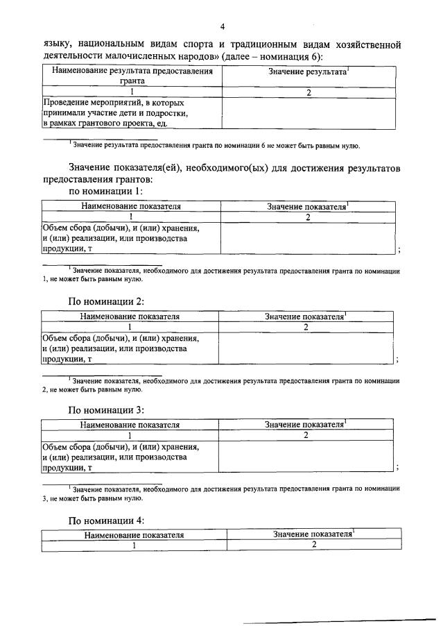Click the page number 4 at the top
(x=223, y=27)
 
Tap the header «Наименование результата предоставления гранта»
(x=130, y=76)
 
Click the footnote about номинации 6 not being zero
(x=215, y=146)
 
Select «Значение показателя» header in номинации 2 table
(x=306, y=316)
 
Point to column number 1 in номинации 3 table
(x=130, y=436)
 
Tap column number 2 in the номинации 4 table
(x=313, y=545)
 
